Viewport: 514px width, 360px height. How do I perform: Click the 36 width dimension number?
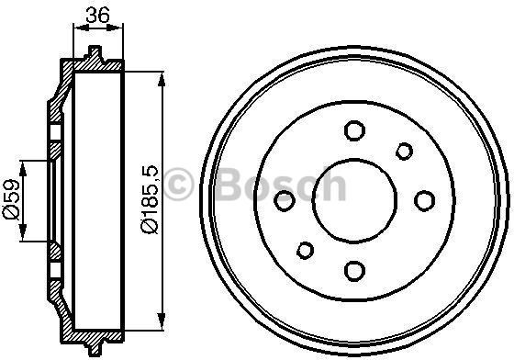pos(97,15)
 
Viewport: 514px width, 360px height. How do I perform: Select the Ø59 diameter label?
pos(11,199)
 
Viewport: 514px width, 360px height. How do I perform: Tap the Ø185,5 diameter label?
pos(150,199)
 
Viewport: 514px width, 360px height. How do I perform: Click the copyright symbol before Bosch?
pos(179,184)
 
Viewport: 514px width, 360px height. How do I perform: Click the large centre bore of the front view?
pos(354,201)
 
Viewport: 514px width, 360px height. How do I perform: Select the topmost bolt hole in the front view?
pos(354,130)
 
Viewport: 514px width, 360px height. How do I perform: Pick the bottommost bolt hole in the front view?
pos(354,271)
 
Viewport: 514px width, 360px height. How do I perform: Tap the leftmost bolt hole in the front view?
pos(285,200)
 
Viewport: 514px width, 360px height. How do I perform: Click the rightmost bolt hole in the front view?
pos(424,200)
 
